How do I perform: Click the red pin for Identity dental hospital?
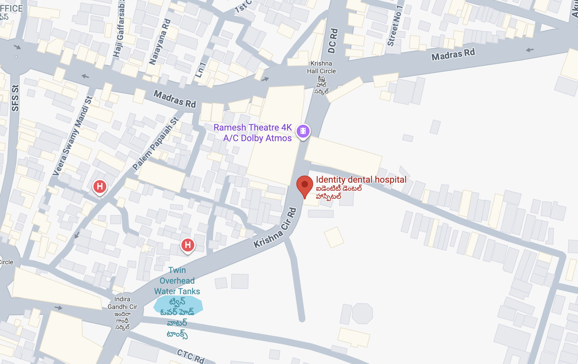tap(304, 185)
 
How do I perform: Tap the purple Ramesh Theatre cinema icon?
tap(303, 131)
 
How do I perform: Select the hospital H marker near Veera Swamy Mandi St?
tap(100, 187)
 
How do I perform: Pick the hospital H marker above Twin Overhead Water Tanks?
tap(188, 245)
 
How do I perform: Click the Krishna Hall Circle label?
tap(321, 67)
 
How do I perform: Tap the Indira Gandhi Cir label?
tap(122, 303)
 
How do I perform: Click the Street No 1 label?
tap(395, 26)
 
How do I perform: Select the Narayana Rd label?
tap(160, 42)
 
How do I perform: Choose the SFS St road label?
tap(15, 98)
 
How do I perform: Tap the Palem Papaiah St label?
tap(155, 144)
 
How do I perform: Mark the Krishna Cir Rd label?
tap(276, 229)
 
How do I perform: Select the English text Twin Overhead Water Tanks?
tap(177, 281)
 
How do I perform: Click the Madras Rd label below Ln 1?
tap(175, 99)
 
